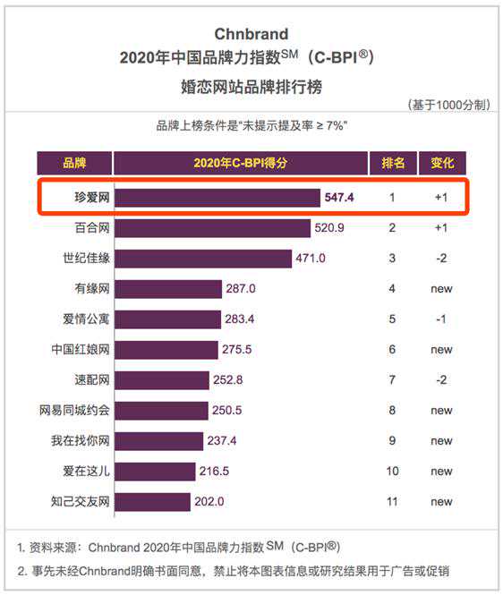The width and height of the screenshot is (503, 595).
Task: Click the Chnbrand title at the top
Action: point(251,35)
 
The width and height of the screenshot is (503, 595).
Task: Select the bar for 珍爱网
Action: point(217,198)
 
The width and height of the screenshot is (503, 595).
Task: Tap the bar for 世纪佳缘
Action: point(204,259)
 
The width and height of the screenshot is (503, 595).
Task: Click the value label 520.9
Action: point(329,228)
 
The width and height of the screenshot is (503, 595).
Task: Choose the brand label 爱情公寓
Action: point(81,319)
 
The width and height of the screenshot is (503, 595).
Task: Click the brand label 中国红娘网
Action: point(81,350)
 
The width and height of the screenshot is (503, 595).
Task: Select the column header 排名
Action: point(393,163)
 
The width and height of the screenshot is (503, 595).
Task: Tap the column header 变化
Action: point(442,163)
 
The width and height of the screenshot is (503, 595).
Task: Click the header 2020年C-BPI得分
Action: point(241,163)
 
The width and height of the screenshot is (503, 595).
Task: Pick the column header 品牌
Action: point(74,163)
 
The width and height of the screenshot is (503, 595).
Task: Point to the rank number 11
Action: point(392,501)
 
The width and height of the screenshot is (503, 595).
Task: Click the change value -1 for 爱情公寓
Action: point(441,319)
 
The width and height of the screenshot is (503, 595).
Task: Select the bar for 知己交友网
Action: point(153,501)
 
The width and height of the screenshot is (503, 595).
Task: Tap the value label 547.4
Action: point(341,198)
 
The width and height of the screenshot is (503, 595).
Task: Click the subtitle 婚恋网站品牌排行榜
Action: point(251,88)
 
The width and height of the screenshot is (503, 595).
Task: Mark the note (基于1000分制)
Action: point(448,105)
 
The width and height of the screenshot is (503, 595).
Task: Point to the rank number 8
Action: point(392,411)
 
